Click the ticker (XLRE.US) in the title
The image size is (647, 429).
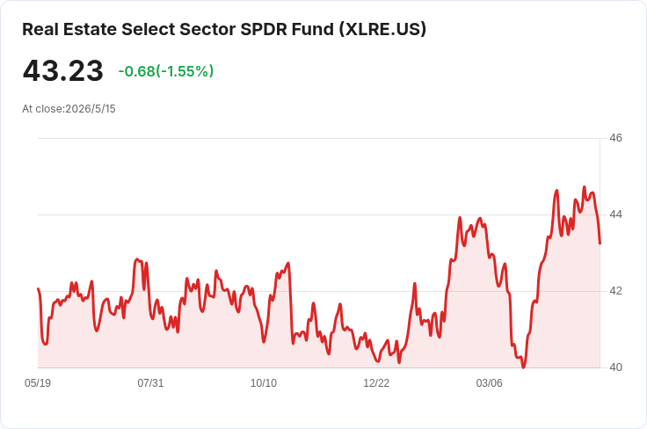tap(382, 29)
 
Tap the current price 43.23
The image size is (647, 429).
tap(62, 71)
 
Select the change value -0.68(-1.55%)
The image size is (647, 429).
tap(166, 71)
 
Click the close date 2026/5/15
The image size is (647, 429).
tap(91, 109)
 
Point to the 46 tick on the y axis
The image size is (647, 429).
tap(615, 138)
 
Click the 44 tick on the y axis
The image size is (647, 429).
tap(615, 214)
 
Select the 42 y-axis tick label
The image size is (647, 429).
tap(615, 291)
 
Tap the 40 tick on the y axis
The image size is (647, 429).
tap(615, 367)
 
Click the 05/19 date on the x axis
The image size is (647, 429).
tap(38, 383)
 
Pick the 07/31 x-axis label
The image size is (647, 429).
tap(150, 383)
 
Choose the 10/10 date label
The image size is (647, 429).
tap(264, 383)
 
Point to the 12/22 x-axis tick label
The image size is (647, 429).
tap(376, 383)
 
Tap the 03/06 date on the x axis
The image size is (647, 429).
tap(490, 383)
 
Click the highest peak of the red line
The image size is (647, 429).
tap(584, 187)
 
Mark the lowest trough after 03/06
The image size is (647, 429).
tap(523, 367)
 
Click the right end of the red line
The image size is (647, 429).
tap(600, 244)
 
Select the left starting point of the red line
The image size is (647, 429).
tap(38, 288)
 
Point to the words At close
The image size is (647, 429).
tap(43, 109)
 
